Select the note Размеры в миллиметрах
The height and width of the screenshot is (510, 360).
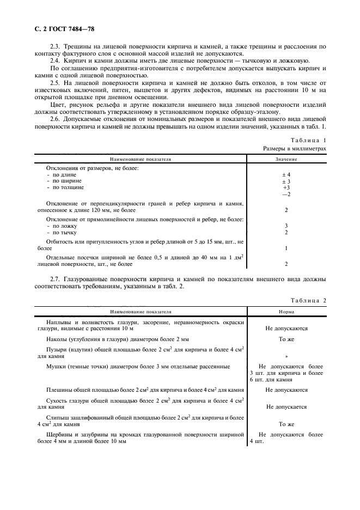(x=295, y=148)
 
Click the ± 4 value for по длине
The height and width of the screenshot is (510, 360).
(x=286, y=174)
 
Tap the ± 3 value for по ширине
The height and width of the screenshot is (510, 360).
(x=286, y=181)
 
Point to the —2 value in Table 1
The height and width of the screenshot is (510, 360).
(x=286, y=195)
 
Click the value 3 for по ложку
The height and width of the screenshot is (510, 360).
(x=286, y=225)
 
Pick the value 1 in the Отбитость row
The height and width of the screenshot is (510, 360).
(x=286, y=248)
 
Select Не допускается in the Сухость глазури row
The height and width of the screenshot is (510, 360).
(x=286, y=407)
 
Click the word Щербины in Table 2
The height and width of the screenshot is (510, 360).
(x=62, y=435)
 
